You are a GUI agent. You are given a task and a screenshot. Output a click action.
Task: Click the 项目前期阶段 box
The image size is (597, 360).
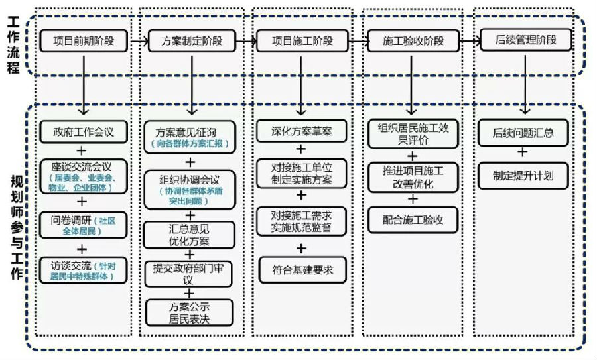click(83, 41)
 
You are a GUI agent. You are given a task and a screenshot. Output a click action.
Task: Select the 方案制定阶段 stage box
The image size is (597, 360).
click(192, 41)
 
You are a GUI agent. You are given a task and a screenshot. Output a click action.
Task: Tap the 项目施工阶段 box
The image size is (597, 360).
click(302, 41)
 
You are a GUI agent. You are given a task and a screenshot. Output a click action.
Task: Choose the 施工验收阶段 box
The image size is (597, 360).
click(413, 41)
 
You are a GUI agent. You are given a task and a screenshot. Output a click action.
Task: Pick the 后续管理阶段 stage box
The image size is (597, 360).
click(524, 40)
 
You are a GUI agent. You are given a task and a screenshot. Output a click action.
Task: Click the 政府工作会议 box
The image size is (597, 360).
click(83, 131)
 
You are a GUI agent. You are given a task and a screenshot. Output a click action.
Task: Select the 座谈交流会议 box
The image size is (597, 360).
click(83, 175)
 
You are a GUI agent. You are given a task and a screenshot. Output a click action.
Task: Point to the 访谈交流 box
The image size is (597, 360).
click(83, 270)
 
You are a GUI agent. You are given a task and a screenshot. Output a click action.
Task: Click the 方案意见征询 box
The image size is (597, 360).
click(190, 137)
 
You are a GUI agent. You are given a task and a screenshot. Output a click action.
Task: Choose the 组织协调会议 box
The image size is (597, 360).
click(190, 186)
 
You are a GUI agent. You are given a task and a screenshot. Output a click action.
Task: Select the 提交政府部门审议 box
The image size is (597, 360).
click(190, 272)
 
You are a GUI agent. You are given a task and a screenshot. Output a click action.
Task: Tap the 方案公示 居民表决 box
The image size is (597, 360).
click(190, 312)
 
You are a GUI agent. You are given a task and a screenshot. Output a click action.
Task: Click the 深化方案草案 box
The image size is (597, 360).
click(302, 131)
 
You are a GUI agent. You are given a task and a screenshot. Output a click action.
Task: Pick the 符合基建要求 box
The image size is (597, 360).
click(302, 270)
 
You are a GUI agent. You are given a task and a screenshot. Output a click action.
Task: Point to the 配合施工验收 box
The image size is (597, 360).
click(413, 219)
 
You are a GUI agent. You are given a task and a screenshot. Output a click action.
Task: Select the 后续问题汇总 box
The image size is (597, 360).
click(523, 133)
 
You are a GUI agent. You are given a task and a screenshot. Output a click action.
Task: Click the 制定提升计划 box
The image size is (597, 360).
click(523, 176)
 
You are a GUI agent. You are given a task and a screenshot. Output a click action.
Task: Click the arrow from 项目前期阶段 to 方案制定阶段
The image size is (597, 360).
click(138, 41)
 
